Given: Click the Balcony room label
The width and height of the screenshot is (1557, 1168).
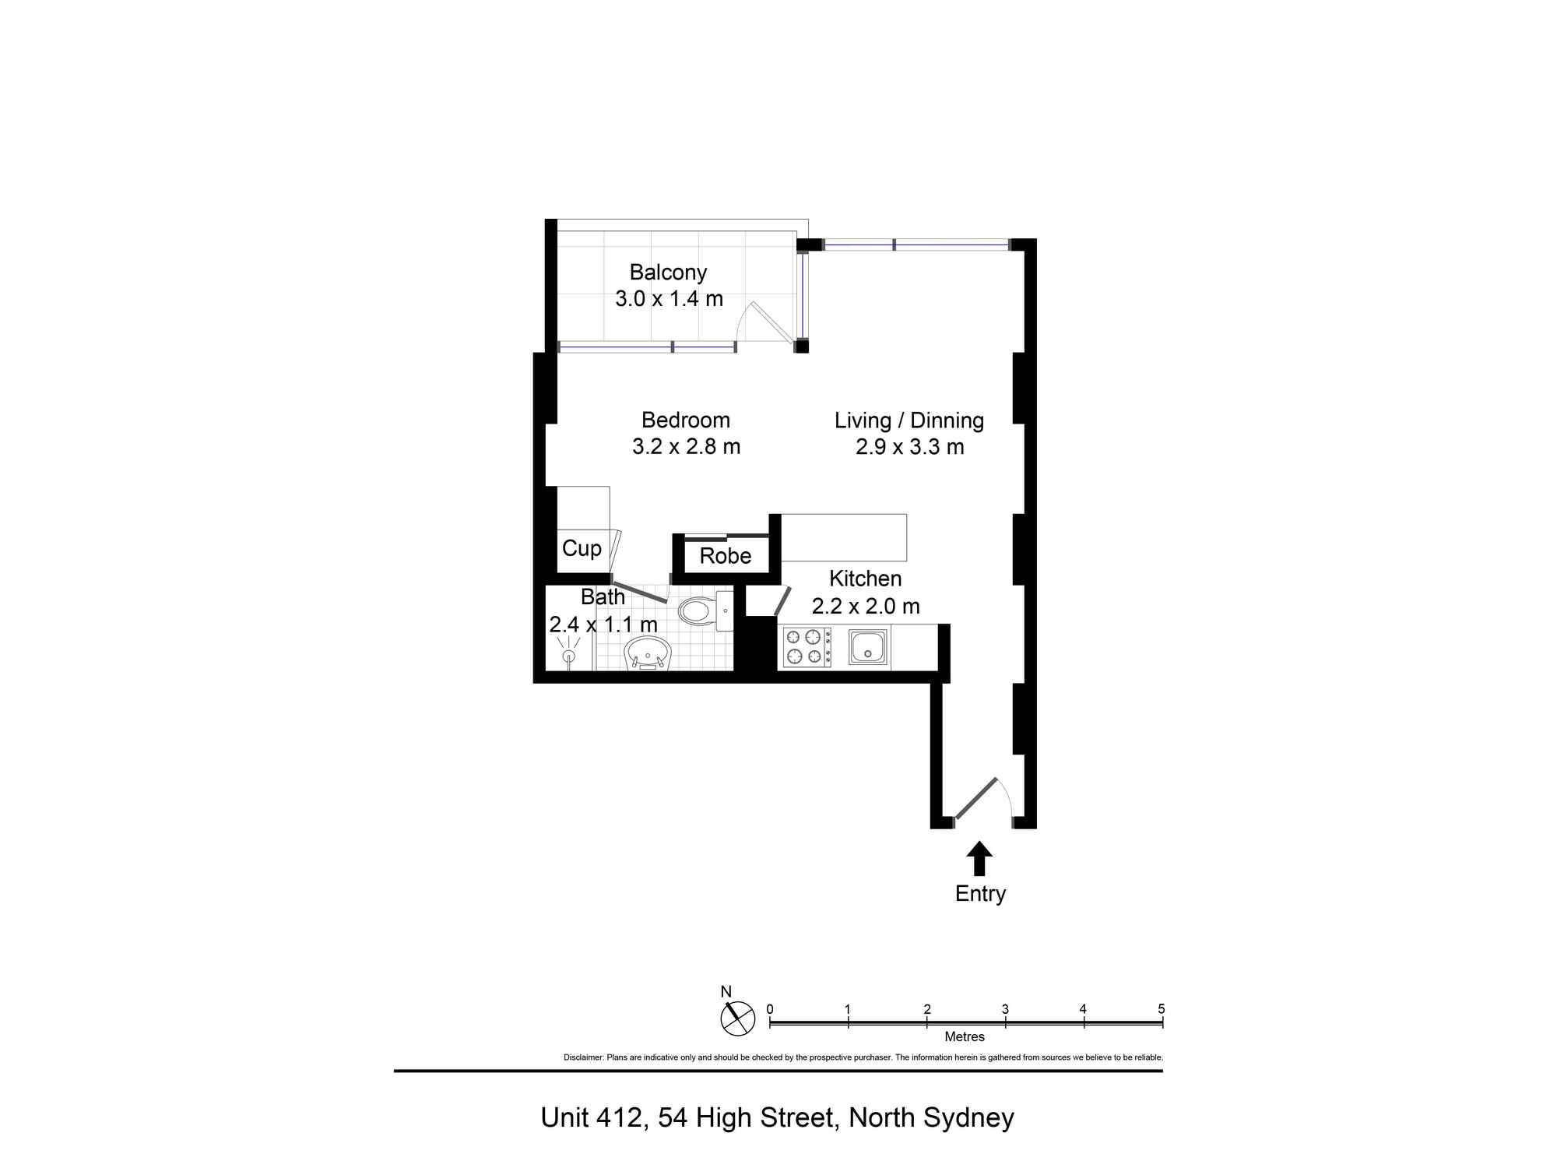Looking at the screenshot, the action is coord(668,273).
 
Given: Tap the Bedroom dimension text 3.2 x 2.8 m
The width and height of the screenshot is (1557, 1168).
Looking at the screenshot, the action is coord(686,447).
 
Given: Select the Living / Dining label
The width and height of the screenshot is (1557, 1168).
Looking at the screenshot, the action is coord(909,420).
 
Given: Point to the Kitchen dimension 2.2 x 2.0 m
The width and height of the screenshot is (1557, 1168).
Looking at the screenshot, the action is coord(866,606).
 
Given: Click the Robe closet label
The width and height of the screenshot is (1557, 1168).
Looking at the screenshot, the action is coord(726,556).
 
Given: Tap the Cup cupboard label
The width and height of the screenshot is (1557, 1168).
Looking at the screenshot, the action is coord(582,549).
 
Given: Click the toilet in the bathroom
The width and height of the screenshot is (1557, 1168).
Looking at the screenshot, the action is coord(705,610).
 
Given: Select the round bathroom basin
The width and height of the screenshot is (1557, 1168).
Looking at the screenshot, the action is coord(648,653).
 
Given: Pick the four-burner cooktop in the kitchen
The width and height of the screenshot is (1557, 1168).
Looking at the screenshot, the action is coord(807,647).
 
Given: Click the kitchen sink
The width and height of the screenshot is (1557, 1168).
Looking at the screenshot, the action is coord(868,646).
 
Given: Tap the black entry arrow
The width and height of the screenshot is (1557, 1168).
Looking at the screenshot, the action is coord(979,858).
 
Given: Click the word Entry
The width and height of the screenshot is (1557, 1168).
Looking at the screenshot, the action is coord(980,894).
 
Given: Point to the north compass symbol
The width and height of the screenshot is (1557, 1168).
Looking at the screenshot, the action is coord(737,1018).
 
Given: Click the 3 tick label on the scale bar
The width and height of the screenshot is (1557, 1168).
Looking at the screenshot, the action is coord(1005,1009).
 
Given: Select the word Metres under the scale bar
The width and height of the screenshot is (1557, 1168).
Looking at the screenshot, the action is coord(965,1037).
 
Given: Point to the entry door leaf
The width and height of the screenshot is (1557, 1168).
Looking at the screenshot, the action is coord(976,798).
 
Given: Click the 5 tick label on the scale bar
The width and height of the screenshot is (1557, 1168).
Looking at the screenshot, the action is coord(1162,1009).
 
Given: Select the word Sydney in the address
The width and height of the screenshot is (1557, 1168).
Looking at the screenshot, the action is coord(968,1118).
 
